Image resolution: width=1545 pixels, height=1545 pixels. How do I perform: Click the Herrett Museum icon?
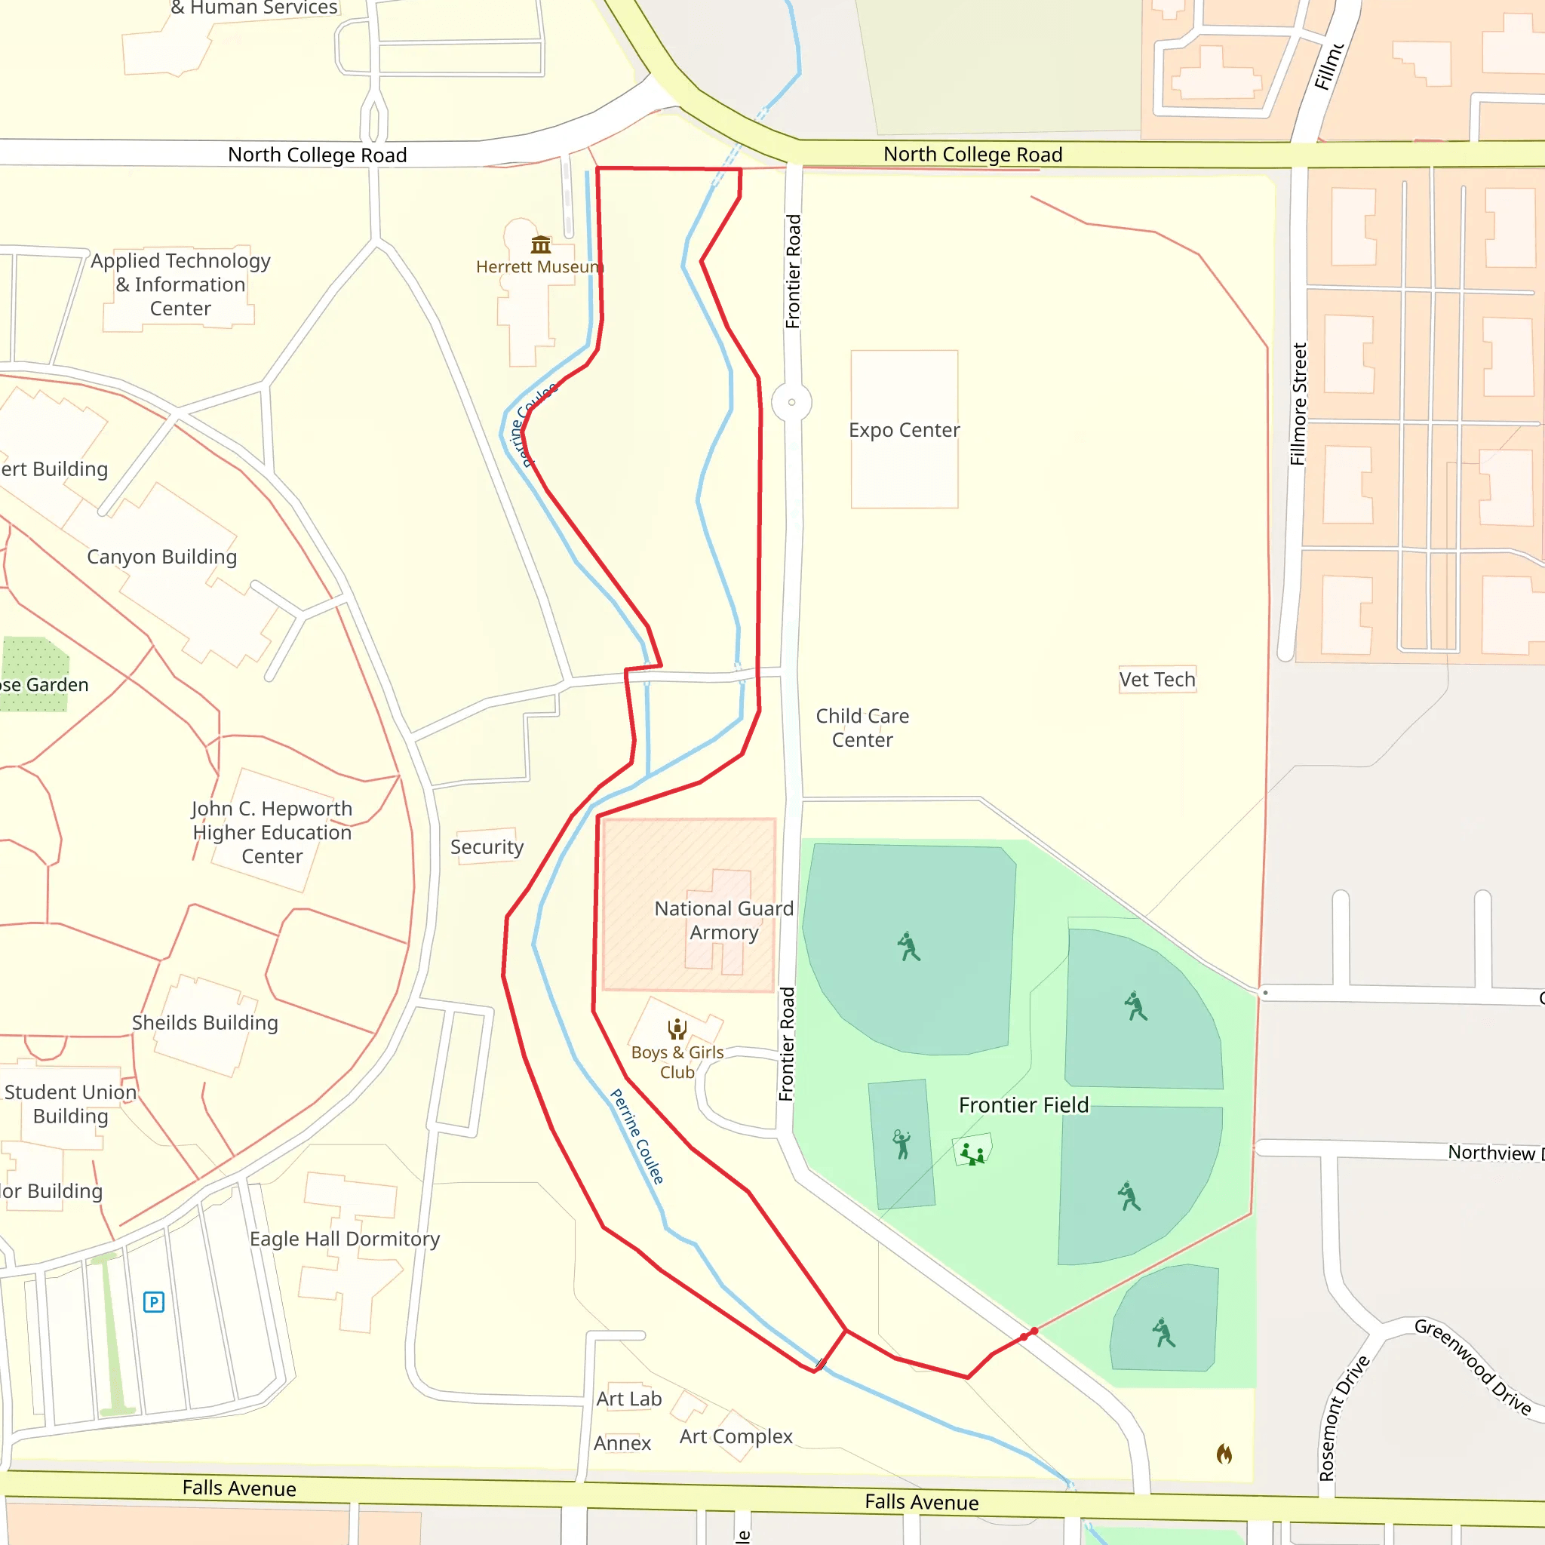tap(541, 244)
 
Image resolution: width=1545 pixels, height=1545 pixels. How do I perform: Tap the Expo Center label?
tap(904, 430)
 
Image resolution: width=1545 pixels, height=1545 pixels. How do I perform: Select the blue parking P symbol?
tap(154, 1302)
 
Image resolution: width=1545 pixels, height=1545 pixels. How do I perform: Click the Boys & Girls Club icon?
tap(677, 1028)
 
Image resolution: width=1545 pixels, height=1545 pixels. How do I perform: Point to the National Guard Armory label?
tap(723, 920)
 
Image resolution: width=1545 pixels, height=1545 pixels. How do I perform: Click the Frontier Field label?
tap(1024, 1105)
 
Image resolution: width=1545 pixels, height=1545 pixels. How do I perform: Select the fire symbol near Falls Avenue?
tap(1224, 1453)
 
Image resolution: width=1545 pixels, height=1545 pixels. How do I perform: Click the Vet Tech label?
tap(1157, 680)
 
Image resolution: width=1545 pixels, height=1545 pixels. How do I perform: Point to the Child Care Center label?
tap(862, 728)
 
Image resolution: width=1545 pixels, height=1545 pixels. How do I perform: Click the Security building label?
tap(487, 847)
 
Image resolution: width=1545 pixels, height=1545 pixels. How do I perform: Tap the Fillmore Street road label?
tap(1299, 404)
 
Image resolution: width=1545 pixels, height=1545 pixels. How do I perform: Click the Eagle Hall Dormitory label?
tap(345, 1239)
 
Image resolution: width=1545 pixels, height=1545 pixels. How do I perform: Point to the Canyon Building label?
tap(161, 557)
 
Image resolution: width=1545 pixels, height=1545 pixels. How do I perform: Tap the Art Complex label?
tap(736, 1436)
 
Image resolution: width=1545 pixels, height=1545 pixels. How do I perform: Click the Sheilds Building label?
tap(204, 1023)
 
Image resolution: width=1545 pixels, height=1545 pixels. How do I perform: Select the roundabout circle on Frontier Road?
tap(791, 402)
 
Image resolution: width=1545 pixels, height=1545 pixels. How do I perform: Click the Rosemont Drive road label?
tap(1344, 1417)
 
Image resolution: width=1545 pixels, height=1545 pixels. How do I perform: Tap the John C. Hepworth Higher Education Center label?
tap(272, 833)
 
